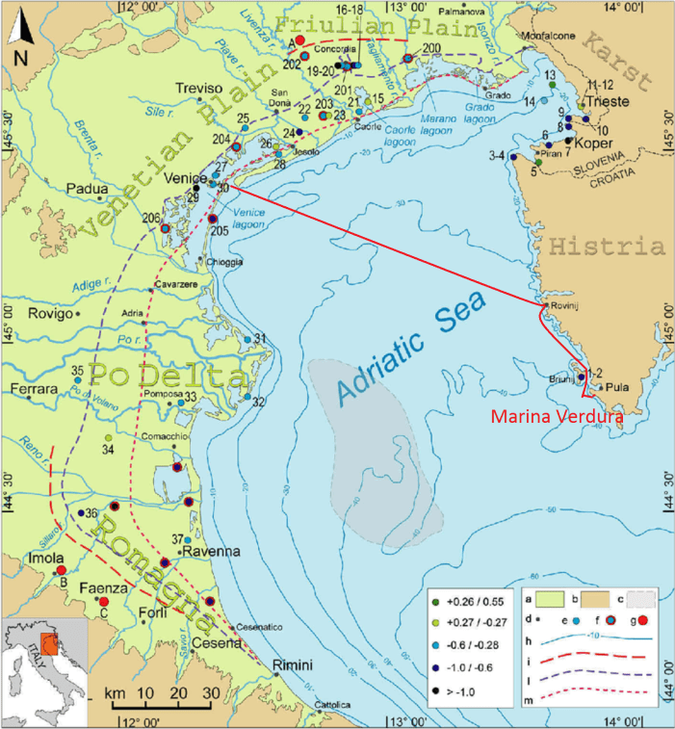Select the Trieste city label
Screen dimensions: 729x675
click(x=607, y=101)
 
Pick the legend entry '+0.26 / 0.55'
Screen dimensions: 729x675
click(x=477, y=602)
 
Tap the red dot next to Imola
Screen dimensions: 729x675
click(x=61, y=570)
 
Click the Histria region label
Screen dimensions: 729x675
click(x=606, y=247)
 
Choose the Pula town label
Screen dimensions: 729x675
click(x=616, y=387)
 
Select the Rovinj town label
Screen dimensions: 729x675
click(x=562, y=306)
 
